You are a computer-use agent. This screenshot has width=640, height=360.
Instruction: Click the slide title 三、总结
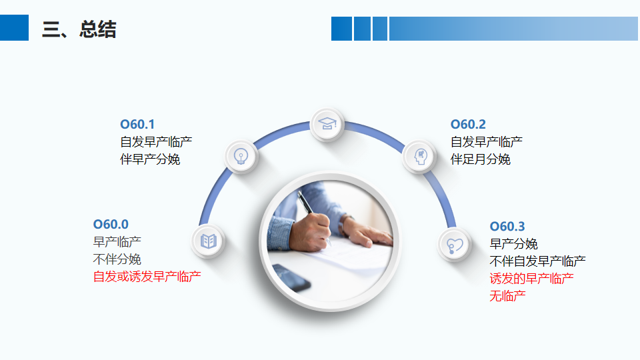tap(79, 29)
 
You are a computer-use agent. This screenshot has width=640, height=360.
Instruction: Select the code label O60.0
tap(111, 224)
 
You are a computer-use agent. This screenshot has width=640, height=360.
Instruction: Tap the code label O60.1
tap(137, 124)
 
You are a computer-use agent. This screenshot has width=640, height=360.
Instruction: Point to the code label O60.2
tap(468, 124)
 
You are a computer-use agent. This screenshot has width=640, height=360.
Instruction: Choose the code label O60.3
tap(507, 226)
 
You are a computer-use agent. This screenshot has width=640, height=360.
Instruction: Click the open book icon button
tap(208, 241)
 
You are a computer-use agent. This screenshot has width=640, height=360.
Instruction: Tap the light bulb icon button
tap(241, 156)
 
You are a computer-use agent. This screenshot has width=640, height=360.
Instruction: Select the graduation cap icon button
tap(327, 124)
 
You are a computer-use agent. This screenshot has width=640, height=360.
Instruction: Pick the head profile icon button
tap(419, 156)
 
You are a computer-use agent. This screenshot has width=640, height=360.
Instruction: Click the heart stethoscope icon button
tap(454, 245)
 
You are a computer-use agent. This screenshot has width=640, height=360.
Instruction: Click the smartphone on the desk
tap(291, 277)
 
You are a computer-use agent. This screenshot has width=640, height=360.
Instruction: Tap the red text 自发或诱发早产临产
tap(147, 277)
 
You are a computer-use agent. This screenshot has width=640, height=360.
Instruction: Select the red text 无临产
tap(507, 296)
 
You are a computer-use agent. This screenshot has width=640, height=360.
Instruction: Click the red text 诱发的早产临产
tap(531, 279)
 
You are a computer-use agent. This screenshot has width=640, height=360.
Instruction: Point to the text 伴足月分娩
tap(481, 159)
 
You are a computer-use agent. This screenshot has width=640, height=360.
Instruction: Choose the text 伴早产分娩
tap(150, 159)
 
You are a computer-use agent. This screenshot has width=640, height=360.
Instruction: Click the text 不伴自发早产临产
tap(537, 261)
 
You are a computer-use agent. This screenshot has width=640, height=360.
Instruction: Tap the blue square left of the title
tap(14, 28)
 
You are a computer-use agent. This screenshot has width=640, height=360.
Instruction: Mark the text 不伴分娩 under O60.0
tap(117, 259)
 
